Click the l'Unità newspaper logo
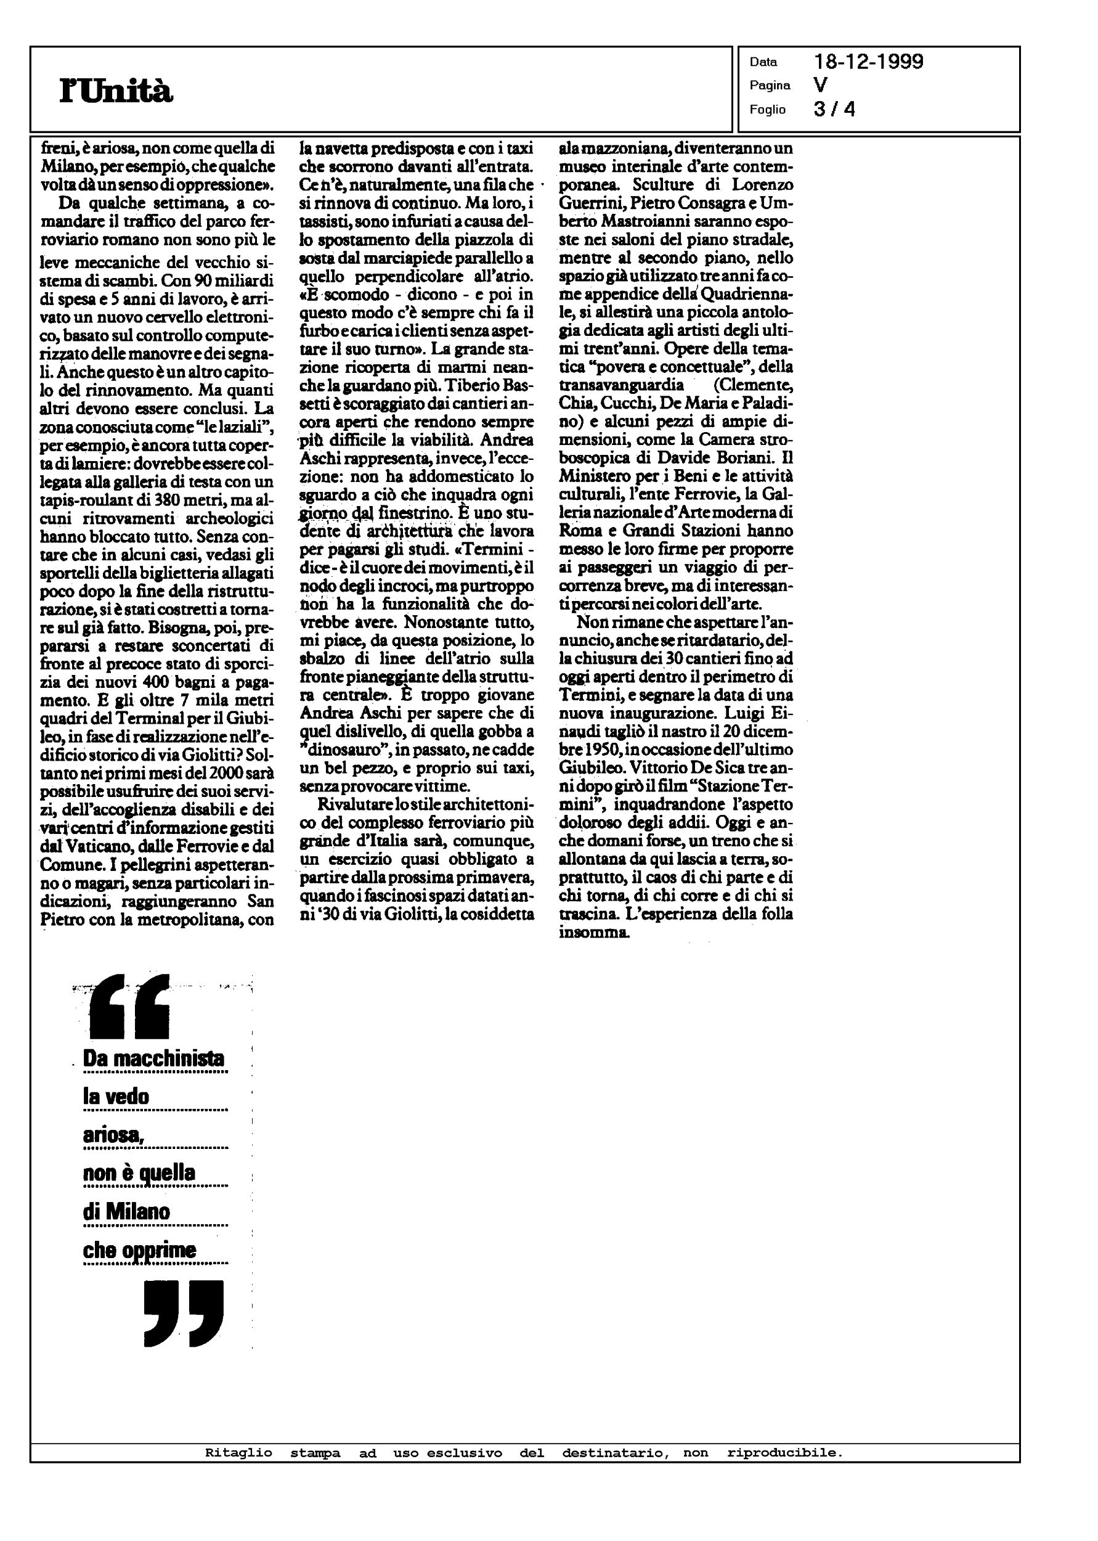coord(116,91)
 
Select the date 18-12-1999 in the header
coord(868,62)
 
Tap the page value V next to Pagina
coord(821,85)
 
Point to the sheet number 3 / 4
coord(834,109)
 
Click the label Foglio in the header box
coord(767,110)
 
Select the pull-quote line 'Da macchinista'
coord(153,1058)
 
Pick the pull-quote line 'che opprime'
coord(139,1249)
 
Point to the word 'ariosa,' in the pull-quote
coord(113,1135)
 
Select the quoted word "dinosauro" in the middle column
coord(336,751)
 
